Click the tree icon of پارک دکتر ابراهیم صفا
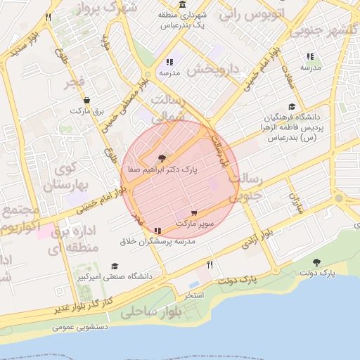coord(162,158)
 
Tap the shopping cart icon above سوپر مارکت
coord(194,213)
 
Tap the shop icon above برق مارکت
coord(86,101)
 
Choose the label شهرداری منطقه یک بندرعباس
coord(181,20)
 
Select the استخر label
coord(193,296)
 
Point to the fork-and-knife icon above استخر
coord(210,264)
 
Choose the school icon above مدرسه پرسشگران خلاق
coord(157,231)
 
